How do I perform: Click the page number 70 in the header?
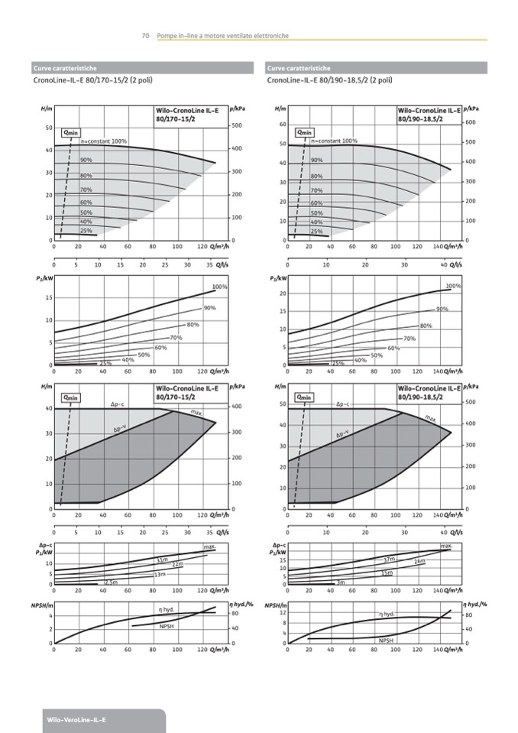(x=144, y=36)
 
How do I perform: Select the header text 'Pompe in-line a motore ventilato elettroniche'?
(x=222, y=36)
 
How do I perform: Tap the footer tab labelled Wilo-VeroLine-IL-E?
(x=76, y=720)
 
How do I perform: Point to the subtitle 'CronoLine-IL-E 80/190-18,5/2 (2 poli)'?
(x=330, y=79)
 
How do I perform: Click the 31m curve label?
(x=162, y=560)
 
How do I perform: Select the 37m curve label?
(x=389, y=559)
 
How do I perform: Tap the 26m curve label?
(x=419, y=562)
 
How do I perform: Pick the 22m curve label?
(x=177, y=564)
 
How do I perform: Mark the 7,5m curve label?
(x=111, y=582)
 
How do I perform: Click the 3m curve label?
(x=342, y=582)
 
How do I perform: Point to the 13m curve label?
(x=160, y=574)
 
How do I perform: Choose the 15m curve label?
(x=387, y=572)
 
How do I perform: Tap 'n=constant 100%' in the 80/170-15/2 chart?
(x=104, y=141)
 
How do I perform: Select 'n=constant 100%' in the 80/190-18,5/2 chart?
(x=335, y=141)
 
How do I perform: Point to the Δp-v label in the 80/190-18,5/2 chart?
(x=342, y=434)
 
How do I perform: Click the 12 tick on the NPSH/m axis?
(x=283, y=614)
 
